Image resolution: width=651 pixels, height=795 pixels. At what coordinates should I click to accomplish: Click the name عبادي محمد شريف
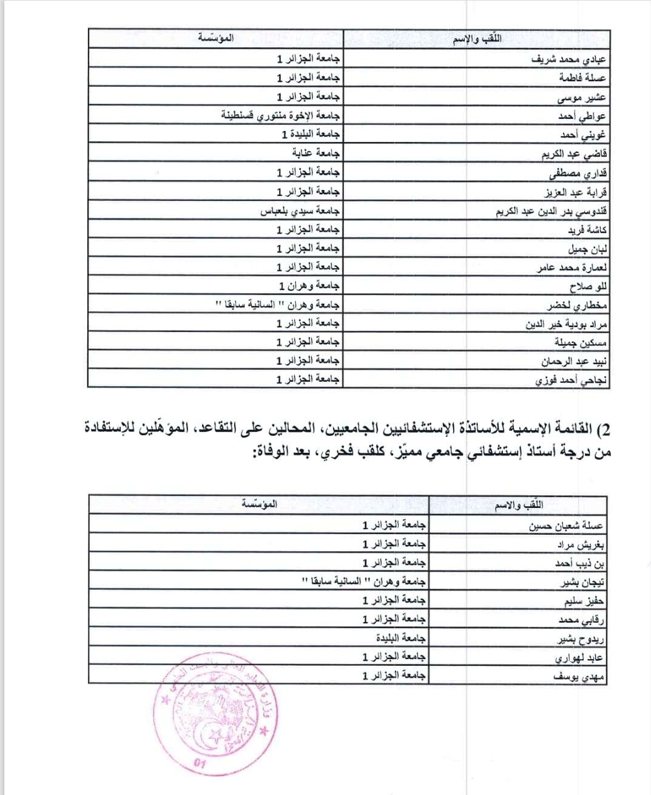(x=568, y=59)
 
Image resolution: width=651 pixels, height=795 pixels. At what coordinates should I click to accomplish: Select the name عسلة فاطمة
(x=582, y=78)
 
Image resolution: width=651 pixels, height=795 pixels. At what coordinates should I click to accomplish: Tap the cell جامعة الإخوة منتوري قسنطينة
(x=280, y=115)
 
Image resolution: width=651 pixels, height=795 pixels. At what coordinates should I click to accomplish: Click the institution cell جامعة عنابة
(x=316, y=153)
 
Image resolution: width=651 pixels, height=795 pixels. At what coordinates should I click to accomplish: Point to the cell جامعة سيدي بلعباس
(x=300, y=211)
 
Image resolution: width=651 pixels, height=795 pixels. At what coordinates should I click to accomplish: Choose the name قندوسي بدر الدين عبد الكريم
(x=551, y=211)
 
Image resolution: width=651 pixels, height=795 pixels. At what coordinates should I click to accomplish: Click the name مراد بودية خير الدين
(x=566, y=324)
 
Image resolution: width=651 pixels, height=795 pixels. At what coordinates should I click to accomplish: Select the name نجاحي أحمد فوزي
(x=571, y=381)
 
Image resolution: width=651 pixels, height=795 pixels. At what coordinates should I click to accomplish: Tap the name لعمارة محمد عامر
(x=572, y=268)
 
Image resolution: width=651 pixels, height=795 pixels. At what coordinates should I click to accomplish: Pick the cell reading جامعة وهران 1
(x=309, y=285)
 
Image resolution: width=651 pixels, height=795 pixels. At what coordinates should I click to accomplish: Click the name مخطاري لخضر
(x=576, y=305)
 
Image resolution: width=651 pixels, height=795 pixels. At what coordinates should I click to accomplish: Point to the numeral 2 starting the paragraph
(x=604, y=429)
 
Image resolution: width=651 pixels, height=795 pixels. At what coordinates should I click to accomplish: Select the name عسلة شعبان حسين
(x=566, y=526)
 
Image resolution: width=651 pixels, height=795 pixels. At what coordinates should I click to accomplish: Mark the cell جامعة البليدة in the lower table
(x=400, y=638)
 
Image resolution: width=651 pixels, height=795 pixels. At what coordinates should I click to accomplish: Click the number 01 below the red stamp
(x=200, y=763)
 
